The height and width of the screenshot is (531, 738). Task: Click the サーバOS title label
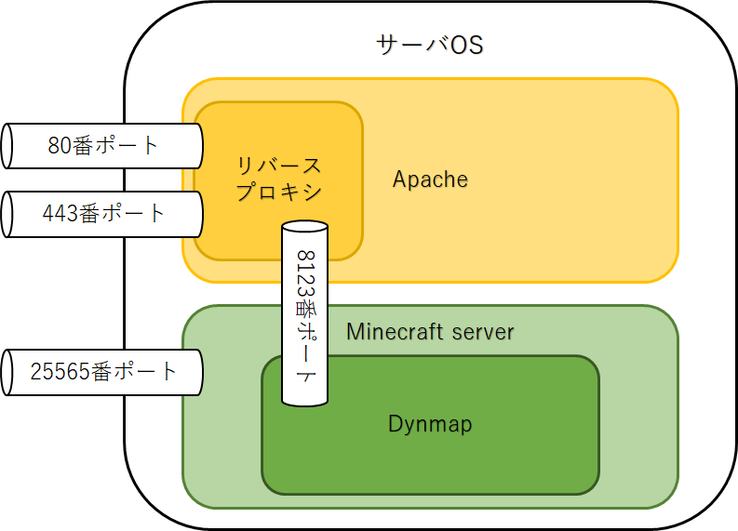tap(429, 45)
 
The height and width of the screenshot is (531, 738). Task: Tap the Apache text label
tap(430, 179)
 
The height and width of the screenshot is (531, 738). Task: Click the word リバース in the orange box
tap(278, 166)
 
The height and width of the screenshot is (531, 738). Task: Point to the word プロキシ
tap(278, 192)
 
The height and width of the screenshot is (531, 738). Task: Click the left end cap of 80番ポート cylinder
tap(7, 146)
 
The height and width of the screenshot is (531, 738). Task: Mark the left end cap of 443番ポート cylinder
tap(7, 214)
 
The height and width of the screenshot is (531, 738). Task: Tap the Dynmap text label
tap(430, 424)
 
